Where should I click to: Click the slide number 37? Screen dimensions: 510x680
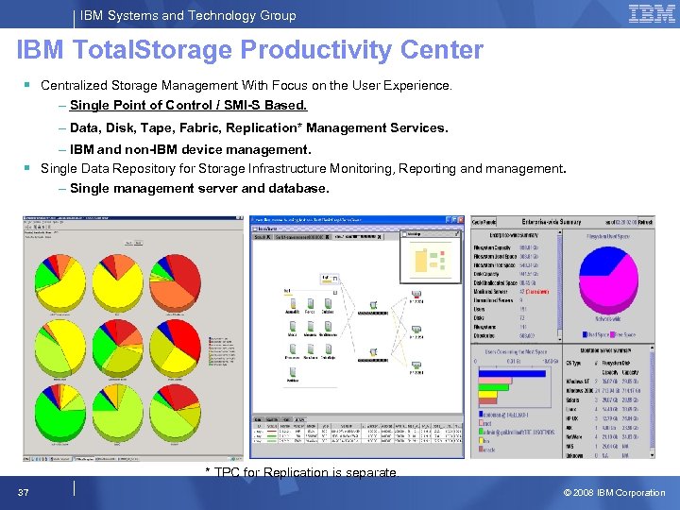click(x=22, y=492)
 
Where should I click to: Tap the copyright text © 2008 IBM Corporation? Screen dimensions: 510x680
click(x=614, y=492)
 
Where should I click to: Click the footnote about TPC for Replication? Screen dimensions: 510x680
click(x=301, y=472)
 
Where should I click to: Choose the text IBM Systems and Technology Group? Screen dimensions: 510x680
click(x=188, y=15)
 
